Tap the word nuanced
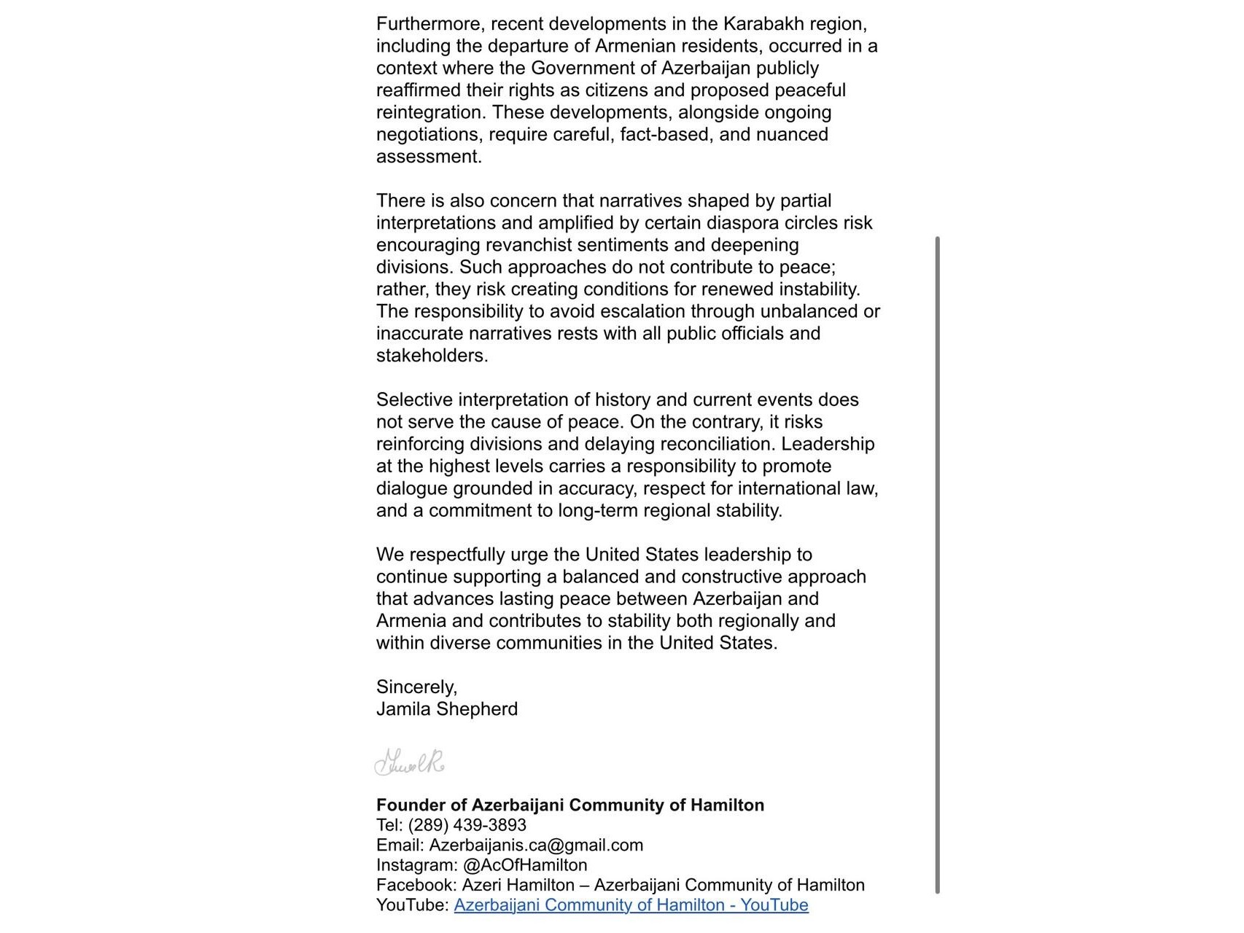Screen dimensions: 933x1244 click(791, 134)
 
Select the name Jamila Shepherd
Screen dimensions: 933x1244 click(447, 709)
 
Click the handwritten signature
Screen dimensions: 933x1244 click(409, 762)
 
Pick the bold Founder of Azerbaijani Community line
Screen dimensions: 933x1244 click(570, 805)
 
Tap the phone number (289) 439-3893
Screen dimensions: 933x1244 click(467, 825)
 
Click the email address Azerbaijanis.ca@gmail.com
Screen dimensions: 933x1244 click(536, 845)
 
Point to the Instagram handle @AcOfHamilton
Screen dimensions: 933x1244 click(525, 865)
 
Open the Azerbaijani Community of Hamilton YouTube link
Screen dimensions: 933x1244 click(631, 905)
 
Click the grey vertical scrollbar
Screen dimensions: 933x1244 click(937, 565)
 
